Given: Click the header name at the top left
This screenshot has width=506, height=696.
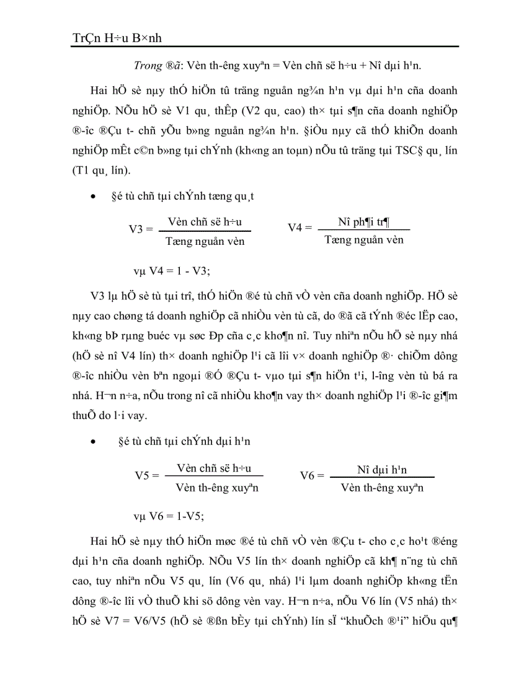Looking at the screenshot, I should click(x=117, y=38).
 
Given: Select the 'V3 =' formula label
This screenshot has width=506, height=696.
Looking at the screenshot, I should click(x=141, y=229).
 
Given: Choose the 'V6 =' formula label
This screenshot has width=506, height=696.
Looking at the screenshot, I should click(x=312, y=475).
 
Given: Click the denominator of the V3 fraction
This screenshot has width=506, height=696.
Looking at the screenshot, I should click(x=206, y=241).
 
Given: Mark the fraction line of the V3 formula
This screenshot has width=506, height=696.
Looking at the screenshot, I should click(x=205, y=231).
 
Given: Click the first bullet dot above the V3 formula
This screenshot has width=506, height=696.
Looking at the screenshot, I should click(x=93, y=197).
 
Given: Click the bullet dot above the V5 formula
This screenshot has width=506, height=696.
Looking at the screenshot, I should click(x=93, y=442).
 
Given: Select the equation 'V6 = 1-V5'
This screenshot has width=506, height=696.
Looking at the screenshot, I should click(x=169, y=515).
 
